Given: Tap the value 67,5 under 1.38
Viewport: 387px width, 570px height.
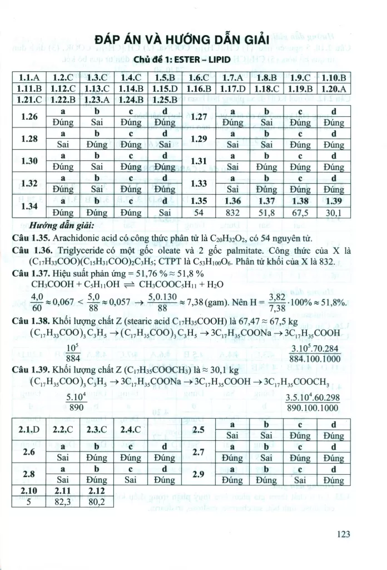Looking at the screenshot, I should pos(301,212).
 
